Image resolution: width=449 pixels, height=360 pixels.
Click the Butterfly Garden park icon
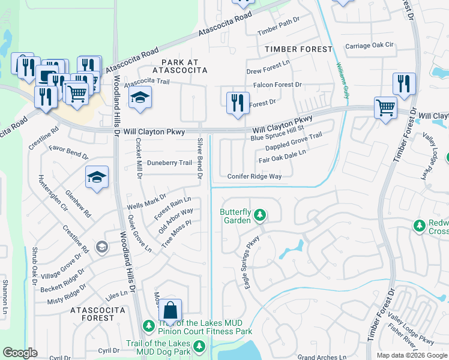(260, 214)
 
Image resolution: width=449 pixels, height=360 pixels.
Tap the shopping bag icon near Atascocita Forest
(170, 311)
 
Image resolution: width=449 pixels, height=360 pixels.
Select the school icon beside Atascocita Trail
(139, 98)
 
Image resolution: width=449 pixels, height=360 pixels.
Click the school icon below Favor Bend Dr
(97, 178)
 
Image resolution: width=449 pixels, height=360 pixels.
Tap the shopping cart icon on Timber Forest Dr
(385, 108)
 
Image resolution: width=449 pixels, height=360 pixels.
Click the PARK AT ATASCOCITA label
(176, 66)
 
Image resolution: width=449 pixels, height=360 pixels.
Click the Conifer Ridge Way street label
(255, 176)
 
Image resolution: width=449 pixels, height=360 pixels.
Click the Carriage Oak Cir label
(369, 46)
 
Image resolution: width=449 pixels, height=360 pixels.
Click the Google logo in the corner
(20, 352)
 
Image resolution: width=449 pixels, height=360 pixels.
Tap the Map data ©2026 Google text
(411, 355)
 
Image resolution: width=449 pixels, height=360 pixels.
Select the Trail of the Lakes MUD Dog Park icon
(199, 346)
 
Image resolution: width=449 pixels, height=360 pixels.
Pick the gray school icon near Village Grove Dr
(102, 247)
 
